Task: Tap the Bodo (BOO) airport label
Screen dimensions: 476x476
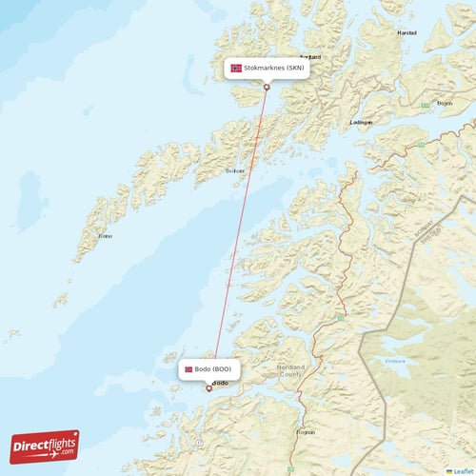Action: (208, 368)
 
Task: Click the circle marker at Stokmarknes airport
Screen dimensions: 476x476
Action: (267, 88)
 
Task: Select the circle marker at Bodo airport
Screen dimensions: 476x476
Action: (208, 387)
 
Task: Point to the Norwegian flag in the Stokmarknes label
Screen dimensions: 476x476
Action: (236, 69)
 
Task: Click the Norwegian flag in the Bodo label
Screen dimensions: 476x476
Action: (188, 368)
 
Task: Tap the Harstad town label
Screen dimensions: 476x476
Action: (407, 32)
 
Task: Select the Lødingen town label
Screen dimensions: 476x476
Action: (362, 123)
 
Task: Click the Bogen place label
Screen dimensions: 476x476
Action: (444, 103)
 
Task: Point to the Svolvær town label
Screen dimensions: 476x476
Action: (234, 171)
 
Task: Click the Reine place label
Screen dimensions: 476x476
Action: (105, 235)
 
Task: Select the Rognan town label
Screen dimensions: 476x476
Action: (305, 430)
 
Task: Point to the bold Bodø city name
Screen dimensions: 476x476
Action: (220, 384)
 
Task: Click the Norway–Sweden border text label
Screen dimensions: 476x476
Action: (425, 231)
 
